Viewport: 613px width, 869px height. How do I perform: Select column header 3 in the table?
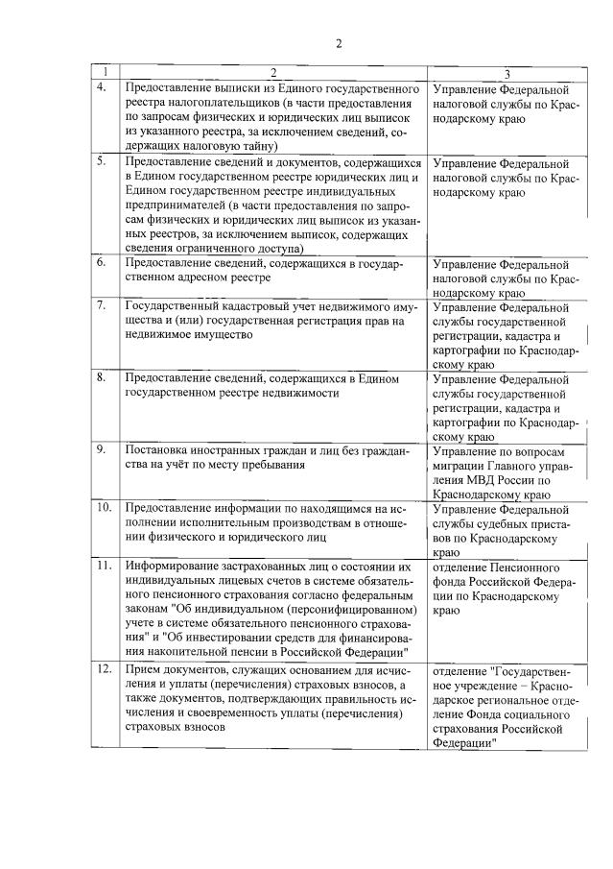coord(507,74)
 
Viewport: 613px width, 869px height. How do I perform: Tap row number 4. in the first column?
coord(102,88)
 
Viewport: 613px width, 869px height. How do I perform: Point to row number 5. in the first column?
coord(101,161)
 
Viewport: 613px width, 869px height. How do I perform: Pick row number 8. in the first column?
coord(101,378)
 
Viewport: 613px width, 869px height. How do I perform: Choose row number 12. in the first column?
coord(103,666)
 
